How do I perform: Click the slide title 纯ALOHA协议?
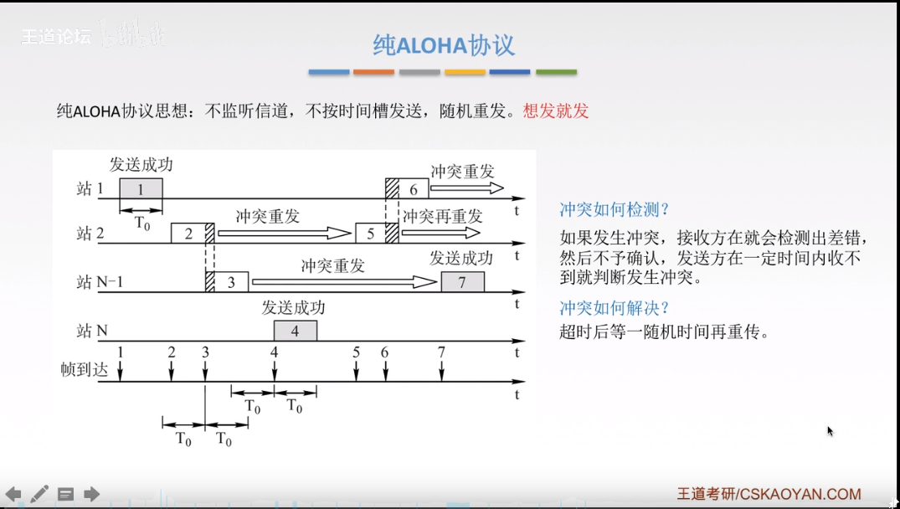tap(443, 45)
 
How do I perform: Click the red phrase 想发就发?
tap(556, 111)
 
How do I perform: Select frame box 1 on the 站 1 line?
tap(141, 189)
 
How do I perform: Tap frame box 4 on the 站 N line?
tap(295, 331)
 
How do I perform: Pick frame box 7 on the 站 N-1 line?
tap(462, 283)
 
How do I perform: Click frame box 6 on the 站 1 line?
tap(413, 189)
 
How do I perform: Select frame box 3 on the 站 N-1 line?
tap(232, 283)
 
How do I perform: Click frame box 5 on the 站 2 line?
tap(371, 234)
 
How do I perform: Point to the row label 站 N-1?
tap(100, 282)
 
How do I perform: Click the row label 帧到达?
tap(85, 369)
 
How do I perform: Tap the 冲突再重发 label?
tap(442, 216)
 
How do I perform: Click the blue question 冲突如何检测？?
tap(615, 209)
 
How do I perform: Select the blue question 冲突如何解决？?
tap(615, 307)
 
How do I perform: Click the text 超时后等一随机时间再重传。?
tap(664, 332)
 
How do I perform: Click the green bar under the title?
tap(556, 73)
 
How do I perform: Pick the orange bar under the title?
tap(373, 73)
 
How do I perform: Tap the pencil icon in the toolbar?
tap(39, 494)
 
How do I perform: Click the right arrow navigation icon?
tap(91, 494)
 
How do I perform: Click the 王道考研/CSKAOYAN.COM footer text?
tap(769, 495)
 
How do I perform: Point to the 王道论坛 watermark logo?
tap(55, 37)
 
